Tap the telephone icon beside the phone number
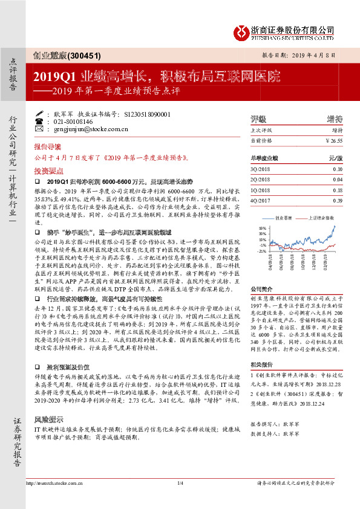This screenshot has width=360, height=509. coord(39,121)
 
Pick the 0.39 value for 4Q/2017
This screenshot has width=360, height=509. coord(337,200)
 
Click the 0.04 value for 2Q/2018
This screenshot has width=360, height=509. coord(337,179)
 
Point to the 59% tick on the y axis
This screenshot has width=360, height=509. coord(262,229)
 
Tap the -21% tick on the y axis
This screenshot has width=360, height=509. coord(261,250)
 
